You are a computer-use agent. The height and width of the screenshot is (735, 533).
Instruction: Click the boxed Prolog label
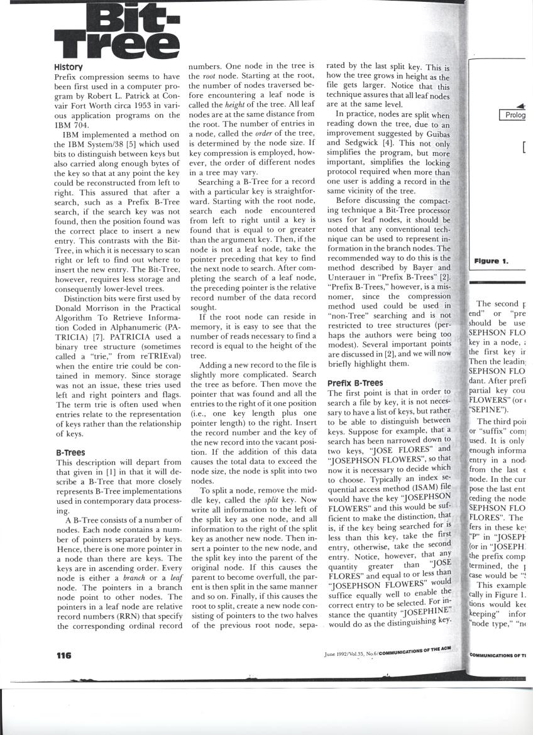[x=515, y=115]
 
